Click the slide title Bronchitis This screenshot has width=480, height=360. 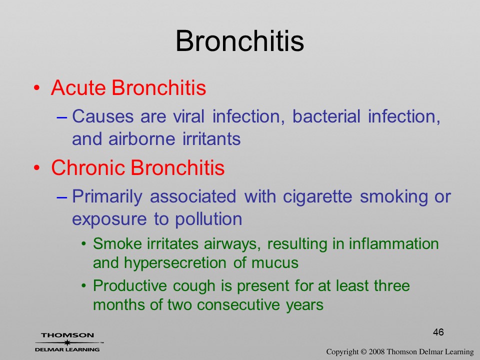239,41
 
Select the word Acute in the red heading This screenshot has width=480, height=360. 78,88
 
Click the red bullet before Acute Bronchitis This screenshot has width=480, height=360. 36,88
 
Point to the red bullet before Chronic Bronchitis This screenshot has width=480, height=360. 36,168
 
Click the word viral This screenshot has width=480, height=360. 188,116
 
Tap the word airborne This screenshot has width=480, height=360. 141,139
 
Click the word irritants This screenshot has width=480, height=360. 211,139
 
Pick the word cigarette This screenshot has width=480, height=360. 317,196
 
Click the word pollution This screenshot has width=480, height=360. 208,219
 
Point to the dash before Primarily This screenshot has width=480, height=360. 62,197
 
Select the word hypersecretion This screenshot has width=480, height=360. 175,263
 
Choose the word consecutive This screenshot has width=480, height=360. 238,305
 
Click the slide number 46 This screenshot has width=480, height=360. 438,332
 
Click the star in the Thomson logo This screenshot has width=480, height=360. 67,342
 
